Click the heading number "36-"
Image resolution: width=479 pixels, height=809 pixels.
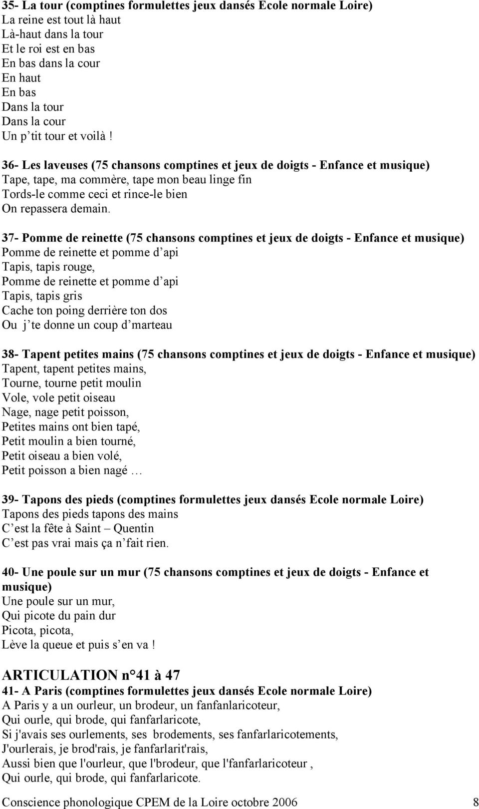(11, 165)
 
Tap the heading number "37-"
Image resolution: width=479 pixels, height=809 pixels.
(11, 238)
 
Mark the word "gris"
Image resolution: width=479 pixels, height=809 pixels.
(72, 296)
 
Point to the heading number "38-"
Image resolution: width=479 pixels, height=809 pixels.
(11, 355)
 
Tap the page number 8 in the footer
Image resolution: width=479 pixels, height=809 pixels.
(476, 802)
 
